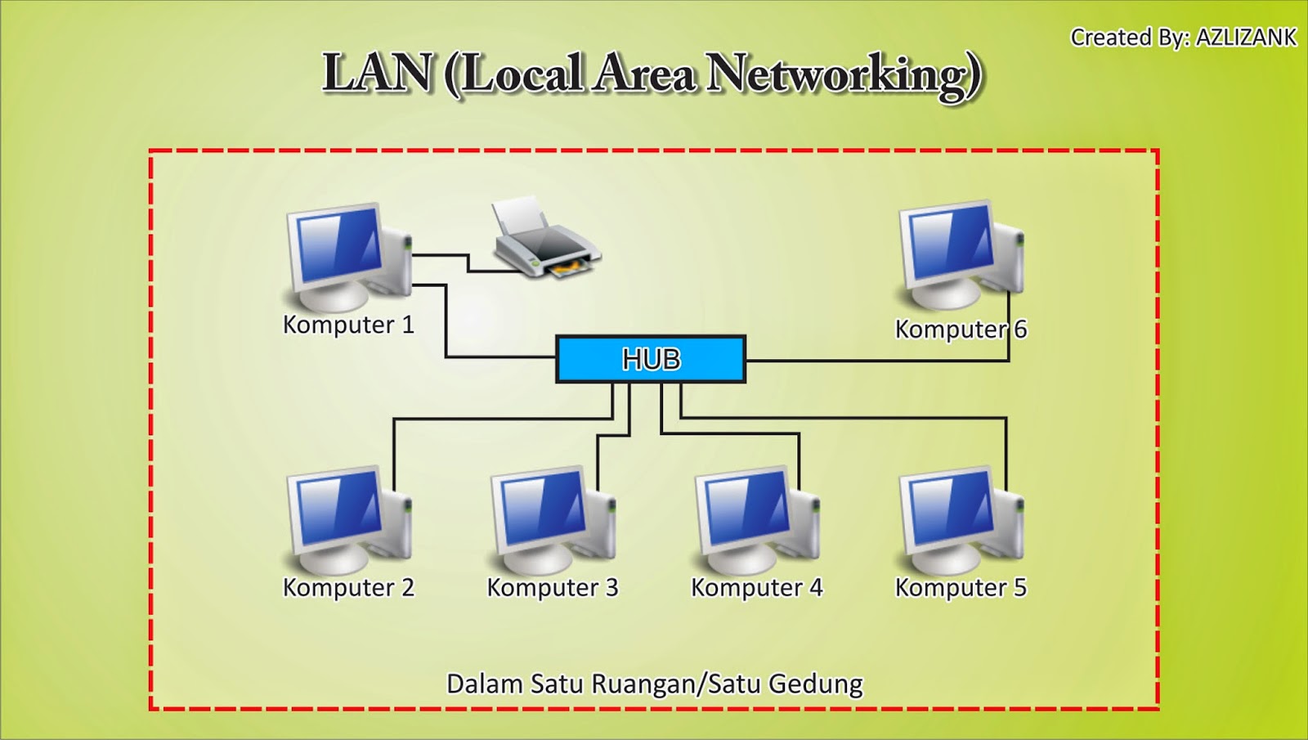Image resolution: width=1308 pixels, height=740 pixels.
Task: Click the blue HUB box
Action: pos(651,359)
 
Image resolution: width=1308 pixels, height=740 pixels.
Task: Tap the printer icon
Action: pos(546,236)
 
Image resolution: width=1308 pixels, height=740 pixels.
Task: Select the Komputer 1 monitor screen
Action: pos(338,245)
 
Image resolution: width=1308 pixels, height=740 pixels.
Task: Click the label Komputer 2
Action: pos(348,588)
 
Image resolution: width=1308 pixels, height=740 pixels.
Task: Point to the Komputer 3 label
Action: pos(553,588)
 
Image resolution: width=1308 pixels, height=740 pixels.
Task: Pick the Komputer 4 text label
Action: pos(757,588)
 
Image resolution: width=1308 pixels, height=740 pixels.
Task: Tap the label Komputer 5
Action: pos(961,588)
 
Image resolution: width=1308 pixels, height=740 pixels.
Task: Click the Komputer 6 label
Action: pos(961,330)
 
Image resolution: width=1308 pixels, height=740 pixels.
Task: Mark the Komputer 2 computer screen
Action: pos(338,508)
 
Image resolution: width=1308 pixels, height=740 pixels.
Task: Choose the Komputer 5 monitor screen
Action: pos(952,508)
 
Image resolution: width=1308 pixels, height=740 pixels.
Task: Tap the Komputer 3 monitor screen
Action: pos(543,508)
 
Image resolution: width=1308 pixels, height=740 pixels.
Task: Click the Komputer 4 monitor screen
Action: pos(747,508)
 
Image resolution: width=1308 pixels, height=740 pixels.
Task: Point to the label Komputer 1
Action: pos(348,325)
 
